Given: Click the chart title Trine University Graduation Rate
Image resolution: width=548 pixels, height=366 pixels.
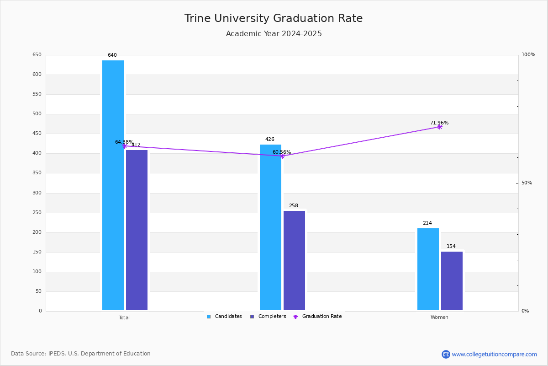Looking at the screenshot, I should pos(274,19).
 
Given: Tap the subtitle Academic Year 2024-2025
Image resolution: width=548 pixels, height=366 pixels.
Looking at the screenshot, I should pos(274,34).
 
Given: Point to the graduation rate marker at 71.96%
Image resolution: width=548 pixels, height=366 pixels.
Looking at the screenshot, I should pos(440,127).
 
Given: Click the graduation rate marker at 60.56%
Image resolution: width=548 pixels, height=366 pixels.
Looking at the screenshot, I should pos(282,156).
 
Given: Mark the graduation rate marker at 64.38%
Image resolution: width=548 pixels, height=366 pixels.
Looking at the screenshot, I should pos(125,146).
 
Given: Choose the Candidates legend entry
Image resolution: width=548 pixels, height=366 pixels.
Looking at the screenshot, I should pos(224,317).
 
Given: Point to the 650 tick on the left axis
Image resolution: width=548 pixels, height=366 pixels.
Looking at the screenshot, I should pos(37,55).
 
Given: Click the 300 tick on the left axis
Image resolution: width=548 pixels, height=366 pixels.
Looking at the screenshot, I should pos(37,193).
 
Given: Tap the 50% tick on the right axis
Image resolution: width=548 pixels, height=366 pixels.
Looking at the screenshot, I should pos(527,183).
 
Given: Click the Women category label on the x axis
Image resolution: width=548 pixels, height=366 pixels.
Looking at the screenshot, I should pos(439,318).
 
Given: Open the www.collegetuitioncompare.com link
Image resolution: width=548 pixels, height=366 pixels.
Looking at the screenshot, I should pos(494,354).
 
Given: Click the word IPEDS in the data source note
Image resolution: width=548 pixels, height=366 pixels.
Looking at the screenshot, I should pos(57,354).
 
